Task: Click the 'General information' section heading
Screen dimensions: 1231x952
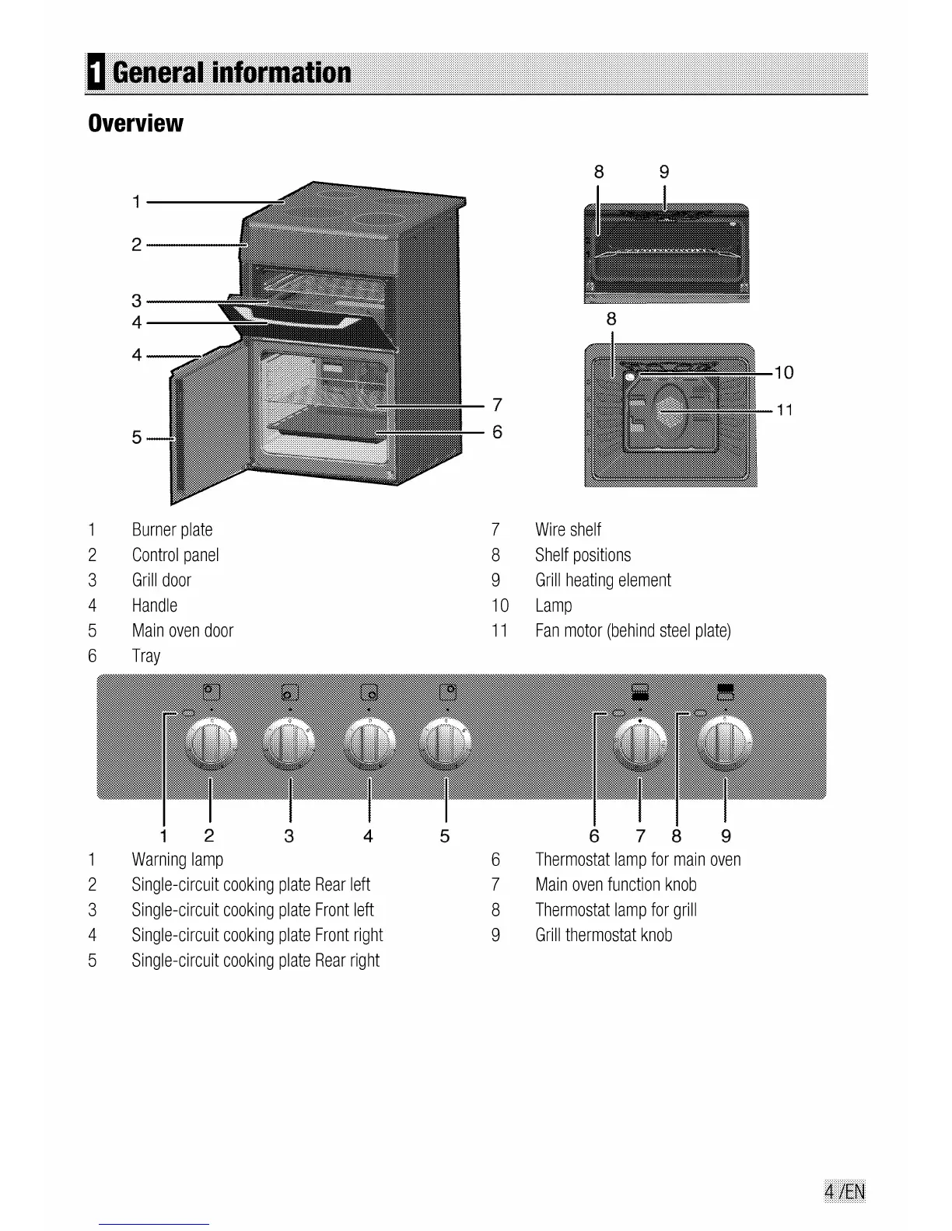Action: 232,73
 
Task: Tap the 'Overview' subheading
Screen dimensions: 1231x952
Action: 136,123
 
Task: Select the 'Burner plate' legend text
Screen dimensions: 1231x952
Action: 172,530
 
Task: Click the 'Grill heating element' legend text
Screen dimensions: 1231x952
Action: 603,581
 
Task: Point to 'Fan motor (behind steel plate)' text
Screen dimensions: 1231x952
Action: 633,631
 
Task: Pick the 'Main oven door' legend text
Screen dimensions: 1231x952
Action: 183,631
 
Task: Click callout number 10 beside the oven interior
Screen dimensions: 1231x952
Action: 784,373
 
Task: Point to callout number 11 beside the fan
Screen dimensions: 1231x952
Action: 785,410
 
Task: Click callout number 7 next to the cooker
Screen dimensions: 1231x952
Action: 497,405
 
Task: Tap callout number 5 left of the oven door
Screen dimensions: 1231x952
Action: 137,438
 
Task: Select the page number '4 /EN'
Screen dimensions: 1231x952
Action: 844,1191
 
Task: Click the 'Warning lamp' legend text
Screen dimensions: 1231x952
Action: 177,860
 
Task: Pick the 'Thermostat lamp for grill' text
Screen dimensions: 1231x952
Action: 616,910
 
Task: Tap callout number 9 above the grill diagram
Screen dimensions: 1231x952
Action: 664,172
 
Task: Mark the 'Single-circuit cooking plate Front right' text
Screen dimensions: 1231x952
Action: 257,935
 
